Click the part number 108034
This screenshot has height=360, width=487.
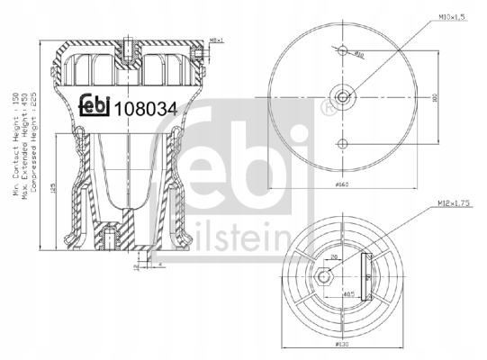(x=148, y=107)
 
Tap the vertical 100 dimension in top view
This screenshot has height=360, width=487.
(x=433, y=98)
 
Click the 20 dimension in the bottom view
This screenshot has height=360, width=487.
(x=335, y=256)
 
